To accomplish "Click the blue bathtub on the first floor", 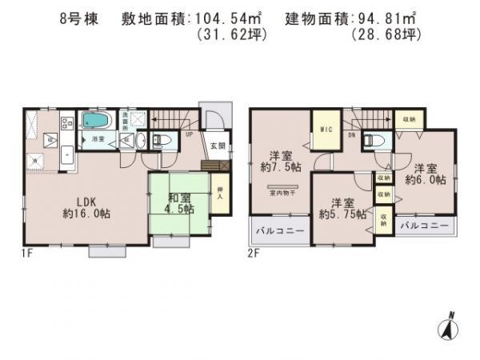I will coord(98,121).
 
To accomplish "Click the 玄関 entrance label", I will coord(218,146).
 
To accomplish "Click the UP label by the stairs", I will coord(188,134).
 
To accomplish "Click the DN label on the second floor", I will coord(351,136).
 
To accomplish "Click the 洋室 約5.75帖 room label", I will coord(342,207).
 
